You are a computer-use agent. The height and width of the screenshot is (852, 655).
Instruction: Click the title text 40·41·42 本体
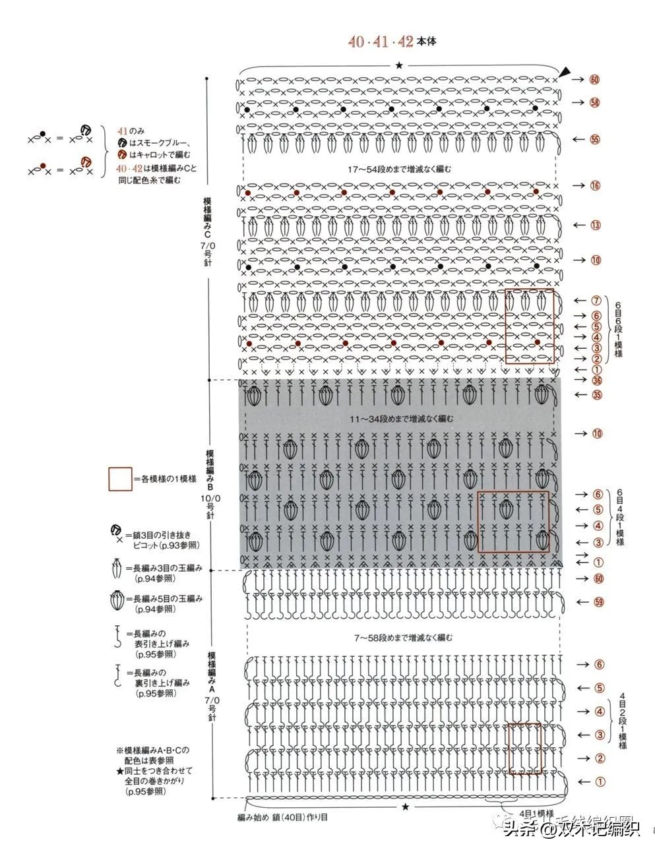click(392, 42)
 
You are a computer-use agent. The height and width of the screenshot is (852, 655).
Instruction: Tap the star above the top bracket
click(399, 65)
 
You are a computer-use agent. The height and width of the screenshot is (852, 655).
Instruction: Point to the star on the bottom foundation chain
click(405, 806)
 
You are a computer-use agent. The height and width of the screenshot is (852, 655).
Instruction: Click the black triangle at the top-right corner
click(566, 72)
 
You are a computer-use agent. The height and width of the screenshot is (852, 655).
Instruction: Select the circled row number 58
click(595, 102)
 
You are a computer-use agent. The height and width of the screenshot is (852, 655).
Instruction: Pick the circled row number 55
click(595, 139)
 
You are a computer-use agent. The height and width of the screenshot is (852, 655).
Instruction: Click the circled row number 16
click(596, 185)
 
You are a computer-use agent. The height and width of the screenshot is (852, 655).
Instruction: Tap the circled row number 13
click(596, 226)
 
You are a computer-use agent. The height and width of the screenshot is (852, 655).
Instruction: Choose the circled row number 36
click(596, 380)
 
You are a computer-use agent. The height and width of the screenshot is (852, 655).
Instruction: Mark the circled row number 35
click(598, 395)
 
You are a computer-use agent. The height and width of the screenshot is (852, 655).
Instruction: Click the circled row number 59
click(600, 602)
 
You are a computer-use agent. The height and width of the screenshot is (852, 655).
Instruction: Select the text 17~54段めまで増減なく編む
click(400, 169)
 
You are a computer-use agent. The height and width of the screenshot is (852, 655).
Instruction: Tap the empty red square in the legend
click(120, 479)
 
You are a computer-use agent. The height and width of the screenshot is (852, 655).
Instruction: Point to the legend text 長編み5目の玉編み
click(168, 599)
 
